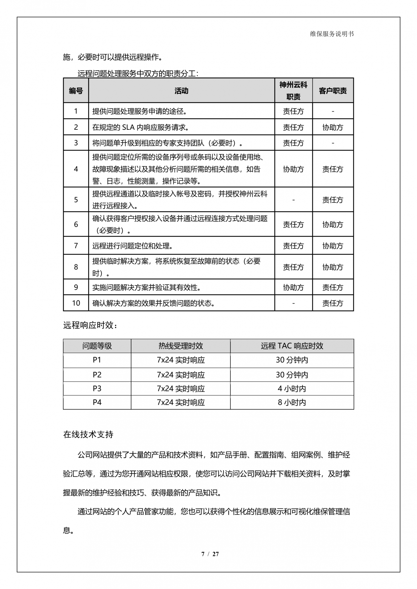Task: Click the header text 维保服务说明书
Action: (332, 34)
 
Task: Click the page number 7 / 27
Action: (210, 554)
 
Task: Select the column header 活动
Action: (181, 91)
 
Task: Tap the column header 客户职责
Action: (333, 91)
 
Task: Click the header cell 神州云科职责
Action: (293, 91)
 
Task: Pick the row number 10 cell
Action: (76, 303)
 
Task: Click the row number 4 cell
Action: (76, 169)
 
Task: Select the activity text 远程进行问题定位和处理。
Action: (133, 246)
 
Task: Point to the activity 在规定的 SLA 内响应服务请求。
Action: (141, 127)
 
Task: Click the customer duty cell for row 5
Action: (333, 200)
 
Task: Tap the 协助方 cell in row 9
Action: (293, 288)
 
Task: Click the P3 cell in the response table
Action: (97, 389)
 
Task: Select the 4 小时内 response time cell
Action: (292, 389)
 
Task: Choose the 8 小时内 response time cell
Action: (292, 402)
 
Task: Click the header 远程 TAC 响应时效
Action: (292, 346)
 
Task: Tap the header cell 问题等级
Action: (97, 346)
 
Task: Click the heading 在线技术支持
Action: (88, 434)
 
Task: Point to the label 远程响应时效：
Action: (90, 325)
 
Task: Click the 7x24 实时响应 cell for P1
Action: (181, 360)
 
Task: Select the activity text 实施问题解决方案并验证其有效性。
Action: (147, 288)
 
